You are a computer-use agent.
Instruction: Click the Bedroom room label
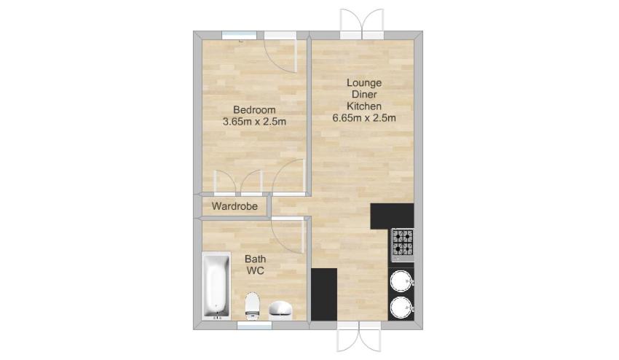coord(254,110)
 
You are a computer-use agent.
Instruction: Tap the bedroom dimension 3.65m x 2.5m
coord(254,122)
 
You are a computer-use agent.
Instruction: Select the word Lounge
coord(364,83)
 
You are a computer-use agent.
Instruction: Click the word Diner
coord(364,95)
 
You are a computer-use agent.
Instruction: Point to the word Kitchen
coord(364,106)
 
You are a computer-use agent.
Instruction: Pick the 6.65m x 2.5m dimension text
coord(364,118)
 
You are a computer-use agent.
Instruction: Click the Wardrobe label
coord(234,206)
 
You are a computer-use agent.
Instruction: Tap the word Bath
coord(256,259)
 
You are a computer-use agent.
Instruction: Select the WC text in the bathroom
coord(256,270)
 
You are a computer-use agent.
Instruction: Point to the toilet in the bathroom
coord(252,305)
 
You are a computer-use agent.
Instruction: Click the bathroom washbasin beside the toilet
coord(280,310)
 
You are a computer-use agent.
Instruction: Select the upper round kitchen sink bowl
coord(401,281)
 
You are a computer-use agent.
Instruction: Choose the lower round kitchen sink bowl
coord(401,308)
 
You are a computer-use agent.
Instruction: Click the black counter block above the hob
coord(392,216)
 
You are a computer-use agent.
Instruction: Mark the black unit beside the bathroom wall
coord(324,294)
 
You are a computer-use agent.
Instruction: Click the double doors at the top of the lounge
coord(362,25)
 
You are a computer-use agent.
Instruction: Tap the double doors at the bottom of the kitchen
coord(359,336)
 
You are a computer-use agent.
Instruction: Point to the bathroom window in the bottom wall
coord(255,325)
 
